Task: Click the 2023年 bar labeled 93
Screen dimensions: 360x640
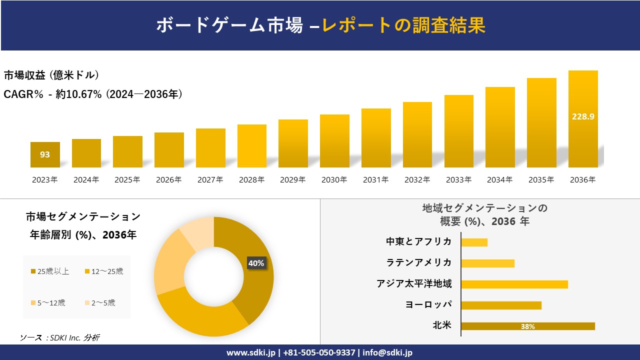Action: click(x=45, y=154)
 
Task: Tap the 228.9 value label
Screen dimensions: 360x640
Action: click(x=583, y=116)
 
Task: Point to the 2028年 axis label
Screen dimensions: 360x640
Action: click(x=252, y=180)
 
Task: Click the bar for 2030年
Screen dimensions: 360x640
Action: click(x=334, y=141)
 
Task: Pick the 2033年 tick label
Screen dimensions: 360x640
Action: click(x=458, y=180)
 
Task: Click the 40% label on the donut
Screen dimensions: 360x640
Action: click(x=256, y=263)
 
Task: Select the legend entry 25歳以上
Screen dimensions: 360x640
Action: click(x=50, y=271)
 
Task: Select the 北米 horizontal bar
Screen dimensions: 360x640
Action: click(x=527, y=326)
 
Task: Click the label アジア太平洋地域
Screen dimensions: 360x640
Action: click(x=414, y=284)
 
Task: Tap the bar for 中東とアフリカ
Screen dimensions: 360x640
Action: click(x=474, y=242)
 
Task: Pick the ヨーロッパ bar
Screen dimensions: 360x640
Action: click(x=501, y=305)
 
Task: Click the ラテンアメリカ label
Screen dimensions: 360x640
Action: click(x=419, y=262)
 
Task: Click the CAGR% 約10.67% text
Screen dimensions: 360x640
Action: click(x=93, y=94)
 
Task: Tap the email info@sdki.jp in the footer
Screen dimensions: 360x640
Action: click(x=387, y=352)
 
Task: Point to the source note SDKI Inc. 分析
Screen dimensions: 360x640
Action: click(x=60, y=337)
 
